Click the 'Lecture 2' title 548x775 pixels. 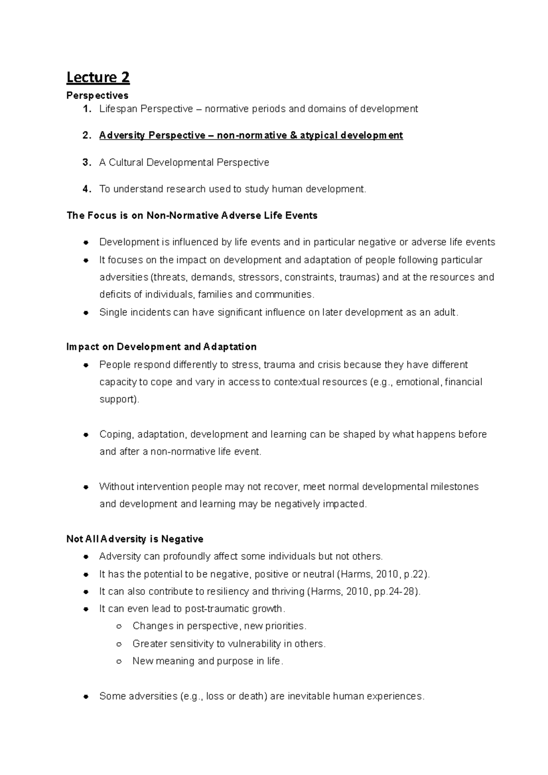pyautogui.click(x=98, y=78)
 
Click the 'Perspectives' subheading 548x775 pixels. pyautogui.click(x=97, y=95)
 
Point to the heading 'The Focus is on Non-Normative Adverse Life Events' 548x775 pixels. pyautogui.click(x=192, y=215)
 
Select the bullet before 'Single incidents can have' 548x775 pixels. pyautogui.click(x=85, y=313)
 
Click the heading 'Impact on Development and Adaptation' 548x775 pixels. pyautogui.click(x=161, y=347)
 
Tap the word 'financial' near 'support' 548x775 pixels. pyautogui.click(x=463, y=382)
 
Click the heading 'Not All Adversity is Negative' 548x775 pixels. pyautogui.click(x=135, y=539)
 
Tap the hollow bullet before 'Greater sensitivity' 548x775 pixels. pyautogui.click(x=119, y=644)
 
